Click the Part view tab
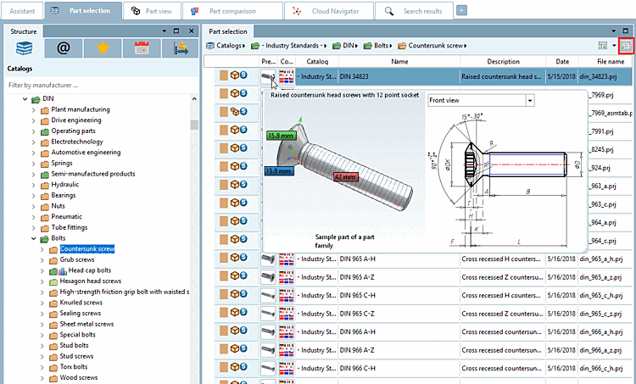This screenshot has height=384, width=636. coord(156,11)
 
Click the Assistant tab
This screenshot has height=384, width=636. coord(22,11)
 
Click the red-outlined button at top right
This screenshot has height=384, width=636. coord(627,45)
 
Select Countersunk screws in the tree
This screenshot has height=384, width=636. coord(87,249)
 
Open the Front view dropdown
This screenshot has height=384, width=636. coord(481,100)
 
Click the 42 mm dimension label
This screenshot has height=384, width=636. coord(344,177)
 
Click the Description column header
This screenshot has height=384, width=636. coord(503,62)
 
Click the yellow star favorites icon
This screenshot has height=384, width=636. coord(101,48)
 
